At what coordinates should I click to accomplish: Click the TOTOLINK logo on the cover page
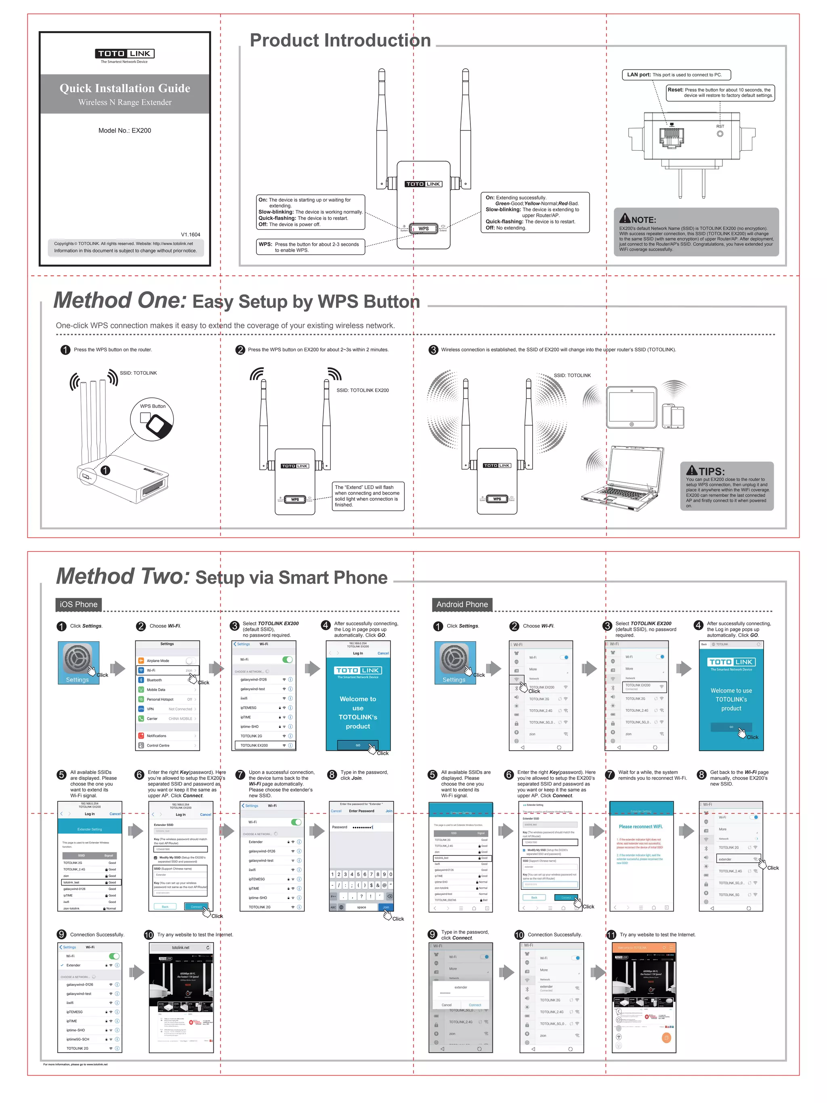125,53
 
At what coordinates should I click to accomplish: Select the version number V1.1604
191,234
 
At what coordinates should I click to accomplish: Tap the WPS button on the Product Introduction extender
423,228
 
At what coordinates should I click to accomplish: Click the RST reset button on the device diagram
720,134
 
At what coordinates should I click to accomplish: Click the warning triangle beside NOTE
625,218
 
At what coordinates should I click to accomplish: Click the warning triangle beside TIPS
691,470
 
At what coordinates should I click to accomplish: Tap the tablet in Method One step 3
632,408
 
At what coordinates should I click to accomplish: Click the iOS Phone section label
79,604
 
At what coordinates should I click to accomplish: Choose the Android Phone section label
462,604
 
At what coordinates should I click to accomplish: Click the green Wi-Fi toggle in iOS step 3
288,660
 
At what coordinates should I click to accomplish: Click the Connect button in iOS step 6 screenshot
196,907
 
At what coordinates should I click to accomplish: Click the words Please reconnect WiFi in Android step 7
640,826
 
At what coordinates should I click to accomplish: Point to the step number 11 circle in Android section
611,935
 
